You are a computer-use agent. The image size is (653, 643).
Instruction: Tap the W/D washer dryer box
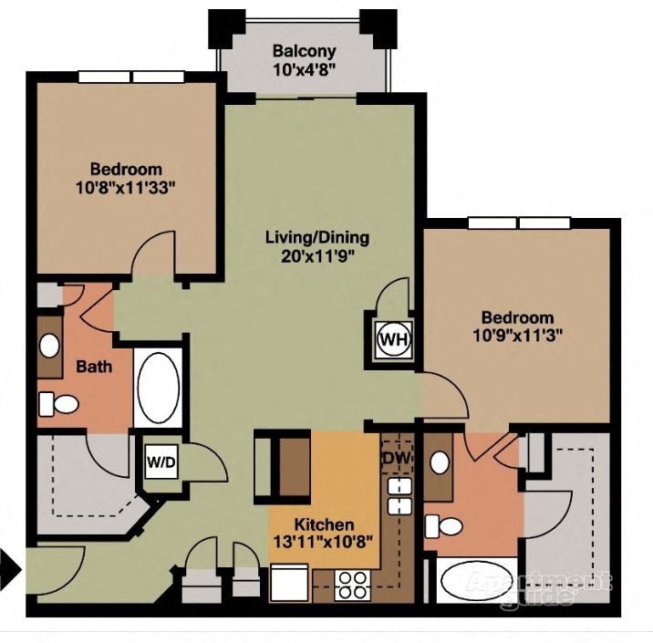point(161,462)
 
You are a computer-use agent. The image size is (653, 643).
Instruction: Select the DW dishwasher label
point(394,457)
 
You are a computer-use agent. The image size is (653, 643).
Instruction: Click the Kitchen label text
point(324,525)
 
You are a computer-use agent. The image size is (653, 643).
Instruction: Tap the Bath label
point(94,367)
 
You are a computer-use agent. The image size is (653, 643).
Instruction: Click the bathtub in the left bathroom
point(159,388)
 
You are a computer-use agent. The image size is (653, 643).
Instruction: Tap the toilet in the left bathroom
point(62,402)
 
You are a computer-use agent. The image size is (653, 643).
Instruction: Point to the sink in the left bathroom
point(50,346)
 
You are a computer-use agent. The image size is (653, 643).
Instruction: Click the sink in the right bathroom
point(440,462)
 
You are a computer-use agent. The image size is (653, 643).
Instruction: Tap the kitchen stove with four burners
point(352,584)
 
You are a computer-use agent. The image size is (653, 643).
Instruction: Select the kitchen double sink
point(398,496)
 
